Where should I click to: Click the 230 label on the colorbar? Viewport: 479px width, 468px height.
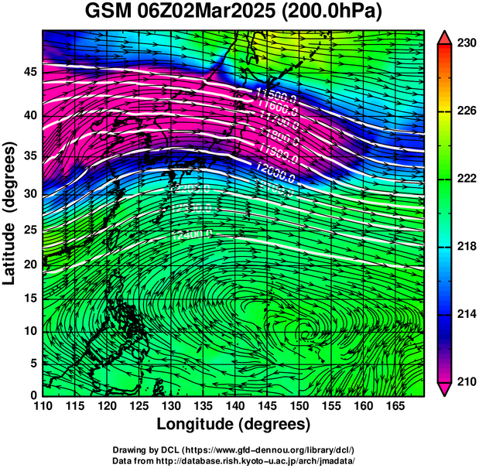click(x=466, y=43)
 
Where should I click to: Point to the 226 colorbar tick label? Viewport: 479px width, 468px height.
click(x=466, y=111)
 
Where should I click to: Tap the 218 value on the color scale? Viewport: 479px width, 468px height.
click(x=466, y=247)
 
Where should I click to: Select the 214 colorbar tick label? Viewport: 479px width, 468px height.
click(x=466, y=314)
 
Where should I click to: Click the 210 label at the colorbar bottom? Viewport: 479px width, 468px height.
click(x=466, y=382)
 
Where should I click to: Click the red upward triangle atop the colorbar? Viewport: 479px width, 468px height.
click(x=445, y=37)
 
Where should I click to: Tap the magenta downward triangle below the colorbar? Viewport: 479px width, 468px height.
click(x=445, y=388)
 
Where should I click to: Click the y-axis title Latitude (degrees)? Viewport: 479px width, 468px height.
click(x=11, y=213)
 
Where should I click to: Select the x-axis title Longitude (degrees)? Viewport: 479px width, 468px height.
click(x=234, y=424)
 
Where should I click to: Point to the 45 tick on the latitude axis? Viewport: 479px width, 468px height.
click(x=29, y=72)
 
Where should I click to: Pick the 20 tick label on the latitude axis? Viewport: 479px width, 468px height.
click(x=29, y=265)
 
